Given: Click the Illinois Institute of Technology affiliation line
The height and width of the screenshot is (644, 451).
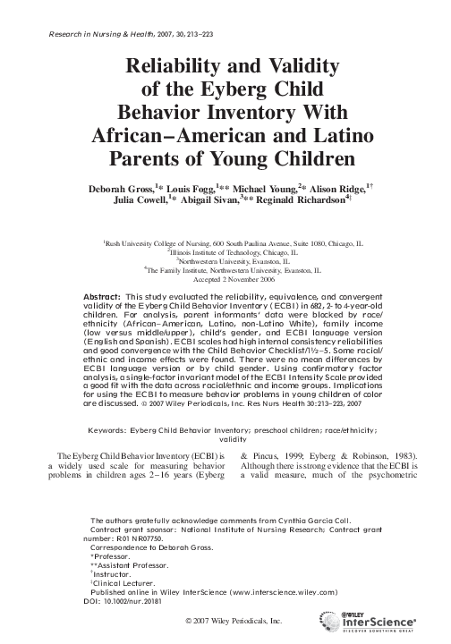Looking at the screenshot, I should [224, 253].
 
